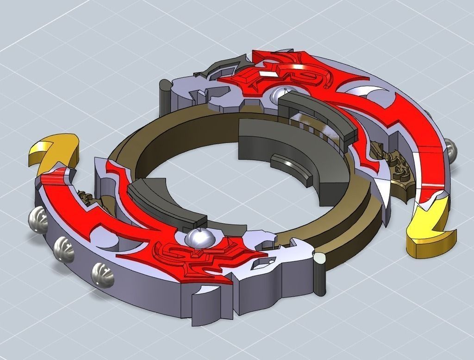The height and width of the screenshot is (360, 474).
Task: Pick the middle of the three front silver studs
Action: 64,251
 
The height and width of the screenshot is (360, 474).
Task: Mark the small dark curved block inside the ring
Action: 289,167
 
